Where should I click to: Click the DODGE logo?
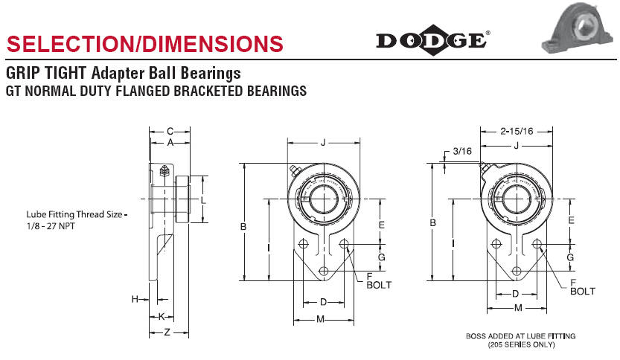pyautogui.click(x=432, y=40)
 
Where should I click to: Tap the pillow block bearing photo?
pyautogui.click(x=577, y=27)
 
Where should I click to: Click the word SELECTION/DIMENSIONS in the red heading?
pyautogui.click(x=144, y=43)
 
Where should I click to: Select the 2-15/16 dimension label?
pyautogui.click(x=517, y=131)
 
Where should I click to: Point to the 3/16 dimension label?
pyautogui.click(x=461, y=151)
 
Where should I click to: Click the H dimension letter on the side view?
pyautogui.click(x=135, y=299)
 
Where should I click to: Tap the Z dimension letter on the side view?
pyautogui.click(x=167, y=332)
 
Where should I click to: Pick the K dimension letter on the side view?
pyautogui.click(x=162, y=316)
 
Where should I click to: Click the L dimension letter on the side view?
pyautogui.click(x=203, y=200)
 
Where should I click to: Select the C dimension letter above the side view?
pyautogui.click(x=170, y=131)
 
